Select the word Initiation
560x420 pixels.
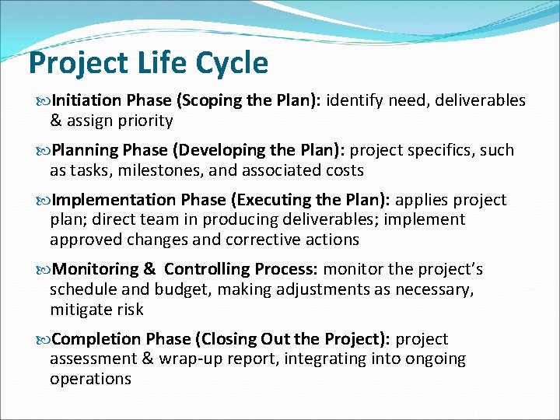[86, 100]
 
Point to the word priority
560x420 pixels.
[141, 121]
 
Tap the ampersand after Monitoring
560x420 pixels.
[149, 269]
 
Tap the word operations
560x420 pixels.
[90, 379]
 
